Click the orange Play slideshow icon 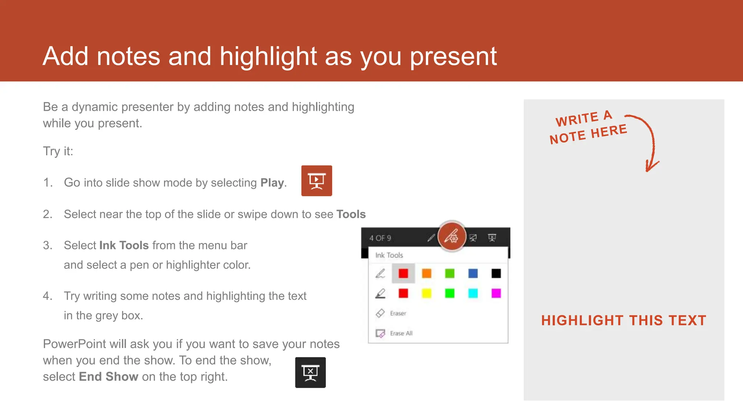316,181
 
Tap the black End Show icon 310,372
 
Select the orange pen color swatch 427,273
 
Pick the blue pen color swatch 473,273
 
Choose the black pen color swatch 496,273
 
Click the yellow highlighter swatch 427,293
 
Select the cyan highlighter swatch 473,293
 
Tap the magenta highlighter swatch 496,293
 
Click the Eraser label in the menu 398,313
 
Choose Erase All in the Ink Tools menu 401,333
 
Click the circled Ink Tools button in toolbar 452,237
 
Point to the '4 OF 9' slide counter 380,238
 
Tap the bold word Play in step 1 272,183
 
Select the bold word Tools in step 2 351,214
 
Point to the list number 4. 48,296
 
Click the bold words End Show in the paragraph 108,377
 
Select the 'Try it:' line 58,151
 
